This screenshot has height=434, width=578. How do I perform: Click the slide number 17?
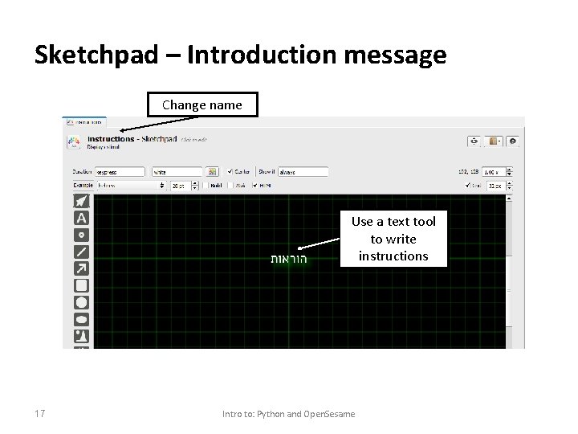40,413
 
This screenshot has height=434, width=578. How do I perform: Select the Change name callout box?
201,104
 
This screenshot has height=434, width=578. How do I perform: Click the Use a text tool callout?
393,239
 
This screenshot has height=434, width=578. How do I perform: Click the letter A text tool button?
81,218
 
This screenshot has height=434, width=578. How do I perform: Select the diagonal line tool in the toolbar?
81,252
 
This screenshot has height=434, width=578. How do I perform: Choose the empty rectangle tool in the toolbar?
81,285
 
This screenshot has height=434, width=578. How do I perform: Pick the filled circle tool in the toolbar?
81,302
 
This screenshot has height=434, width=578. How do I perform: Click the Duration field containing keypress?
120,172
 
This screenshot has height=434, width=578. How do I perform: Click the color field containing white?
177,172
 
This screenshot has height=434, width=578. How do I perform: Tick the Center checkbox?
231,172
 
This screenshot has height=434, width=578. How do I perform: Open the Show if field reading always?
303,172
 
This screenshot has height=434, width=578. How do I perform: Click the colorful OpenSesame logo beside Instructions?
74,142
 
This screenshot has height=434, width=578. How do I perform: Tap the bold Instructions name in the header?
111,139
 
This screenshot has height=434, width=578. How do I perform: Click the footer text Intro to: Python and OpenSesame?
288,414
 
